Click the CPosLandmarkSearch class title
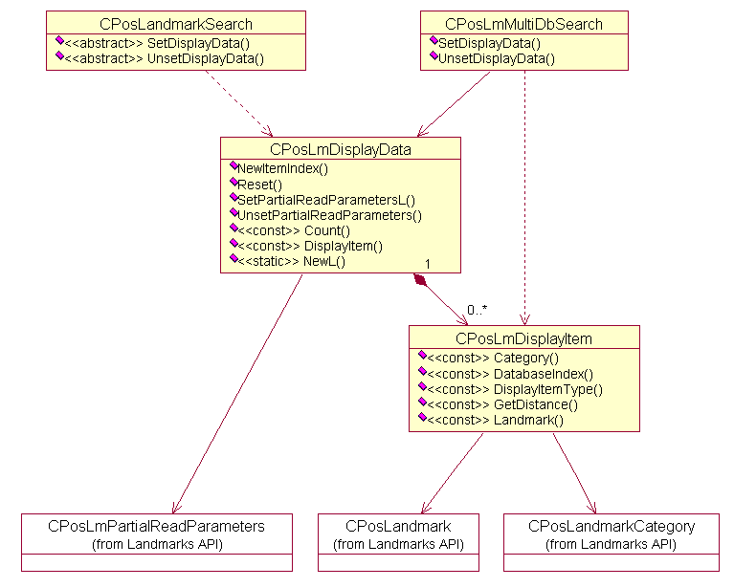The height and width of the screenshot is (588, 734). click(175, 24)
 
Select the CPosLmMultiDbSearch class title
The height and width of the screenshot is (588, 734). click(524, 24)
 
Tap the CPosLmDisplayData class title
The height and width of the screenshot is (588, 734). click(341, 149)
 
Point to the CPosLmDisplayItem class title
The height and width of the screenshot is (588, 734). click(523, 338)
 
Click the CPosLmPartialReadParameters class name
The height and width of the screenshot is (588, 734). click(156, 526)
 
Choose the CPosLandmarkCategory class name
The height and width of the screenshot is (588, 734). click(612, 526)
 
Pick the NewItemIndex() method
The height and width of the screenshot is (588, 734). click(282, 169)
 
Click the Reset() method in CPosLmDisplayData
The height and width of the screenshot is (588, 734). click(259, 185)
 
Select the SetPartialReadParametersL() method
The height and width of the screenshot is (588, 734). click(325, 200)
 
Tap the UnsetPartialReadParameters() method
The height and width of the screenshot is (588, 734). click(329, 215)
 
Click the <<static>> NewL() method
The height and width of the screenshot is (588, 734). click(292, 261)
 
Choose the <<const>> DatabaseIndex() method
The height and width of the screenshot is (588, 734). click(510, 374)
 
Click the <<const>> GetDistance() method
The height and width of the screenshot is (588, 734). click(502, 404)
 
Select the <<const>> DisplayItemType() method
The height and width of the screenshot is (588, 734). click(515, 389)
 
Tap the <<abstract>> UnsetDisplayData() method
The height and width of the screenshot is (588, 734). click(164, 58)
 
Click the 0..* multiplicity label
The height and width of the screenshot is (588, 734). click(478, 309)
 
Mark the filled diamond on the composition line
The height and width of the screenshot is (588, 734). click(419, 279)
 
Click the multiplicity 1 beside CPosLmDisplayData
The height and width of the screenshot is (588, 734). click(427, 263)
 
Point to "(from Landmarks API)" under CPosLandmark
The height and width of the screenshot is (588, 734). click(398, 544)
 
